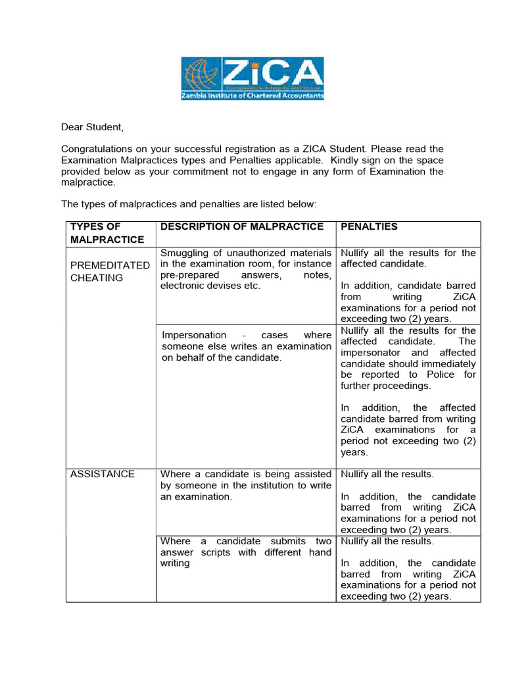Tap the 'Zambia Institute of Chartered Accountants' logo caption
pyautogui.click(x=253, y=95)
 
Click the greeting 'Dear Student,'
pyautogui.click(x=92, y=126)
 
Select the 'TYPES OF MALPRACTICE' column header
pyautogui.click(x=107, y=233)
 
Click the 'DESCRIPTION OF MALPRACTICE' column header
pyautogui.click(x=242, y=226)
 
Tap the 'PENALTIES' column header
pyautogui.click(x=369, y=226)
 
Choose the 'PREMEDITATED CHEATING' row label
pyautogui.click(x=110, y=271)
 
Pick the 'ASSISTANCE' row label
pyautogui.click(x=103, y=474)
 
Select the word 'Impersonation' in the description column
pyautogui.click(x=194, y=335)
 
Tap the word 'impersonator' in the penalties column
pyautogui.click(x=371, y=353)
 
